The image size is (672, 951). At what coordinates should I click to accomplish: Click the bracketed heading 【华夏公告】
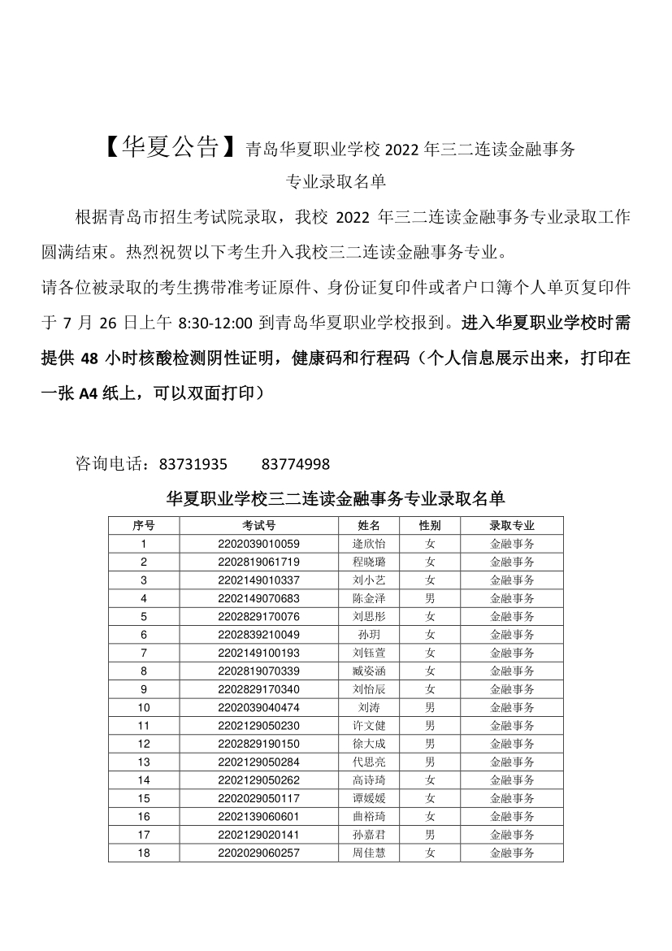pos(172,147)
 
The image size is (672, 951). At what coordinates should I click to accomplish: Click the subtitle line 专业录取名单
pos(336,182)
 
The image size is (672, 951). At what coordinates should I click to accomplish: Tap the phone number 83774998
pos(296,464)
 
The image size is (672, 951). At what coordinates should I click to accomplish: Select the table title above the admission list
pos(336,498)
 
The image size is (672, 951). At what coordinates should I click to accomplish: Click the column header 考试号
pos(259,526)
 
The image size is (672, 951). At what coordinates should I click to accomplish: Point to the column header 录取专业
pos(512,526)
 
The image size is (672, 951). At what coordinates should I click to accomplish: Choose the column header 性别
pos(430,526)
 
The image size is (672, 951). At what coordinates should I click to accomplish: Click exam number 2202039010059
pos(259,544)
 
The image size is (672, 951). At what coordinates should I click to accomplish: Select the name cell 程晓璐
pos(369,562)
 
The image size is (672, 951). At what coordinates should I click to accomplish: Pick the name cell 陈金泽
pos(369,598)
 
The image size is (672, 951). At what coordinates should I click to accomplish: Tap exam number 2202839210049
pos(259,635)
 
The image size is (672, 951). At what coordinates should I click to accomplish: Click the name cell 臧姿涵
pos(369,671)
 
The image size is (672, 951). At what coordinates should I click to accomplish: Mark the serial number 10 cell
pos(144,707)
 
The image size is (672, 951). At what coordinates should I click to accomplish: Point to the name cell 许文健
pos(369,725)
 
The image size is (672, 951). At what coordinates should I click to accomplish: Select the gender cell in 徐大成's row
pos(430,744)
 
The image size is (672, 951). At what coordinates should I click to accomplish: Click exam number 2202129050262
pos(259,780)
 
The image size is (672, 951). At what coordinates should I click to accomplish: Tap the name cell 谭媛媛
pos(369,798)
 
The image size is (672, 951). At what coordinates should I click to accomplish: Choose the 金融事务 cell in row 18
pos(512,853)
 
